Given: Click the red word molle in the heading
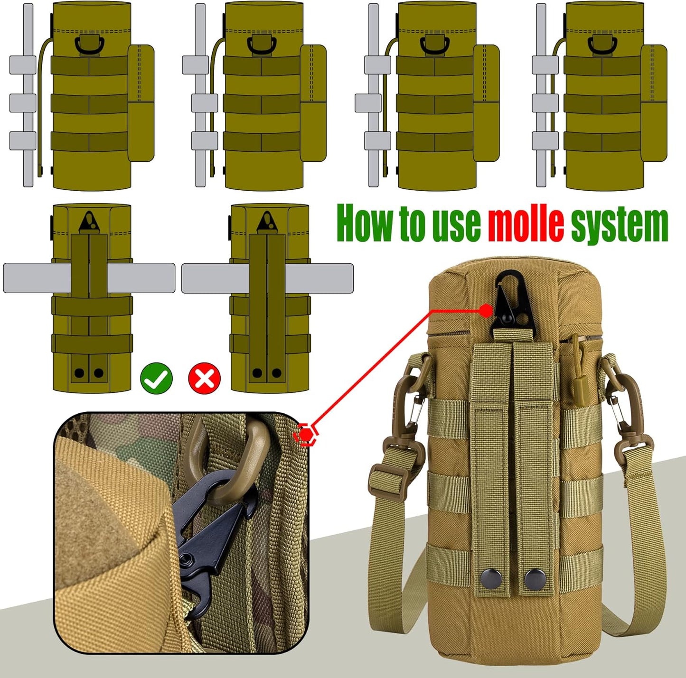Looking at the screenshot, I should coord(526,223).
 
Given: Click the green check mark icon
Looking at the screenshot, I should coord(156,378).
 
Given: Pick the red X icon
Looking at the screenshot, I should coord(205,378).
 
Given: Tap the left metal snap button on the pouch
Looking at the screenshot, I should coord(489,578).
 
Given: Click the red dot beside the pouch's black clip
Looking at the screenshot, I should coord(485,311).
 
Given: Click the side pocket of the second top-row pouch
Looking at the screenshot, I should coord(313,103).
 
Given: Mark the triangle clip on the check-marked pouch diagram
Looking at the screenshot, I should coord(90,222).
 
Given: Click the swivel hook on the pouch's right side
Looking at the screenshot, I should coord(624,408).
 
